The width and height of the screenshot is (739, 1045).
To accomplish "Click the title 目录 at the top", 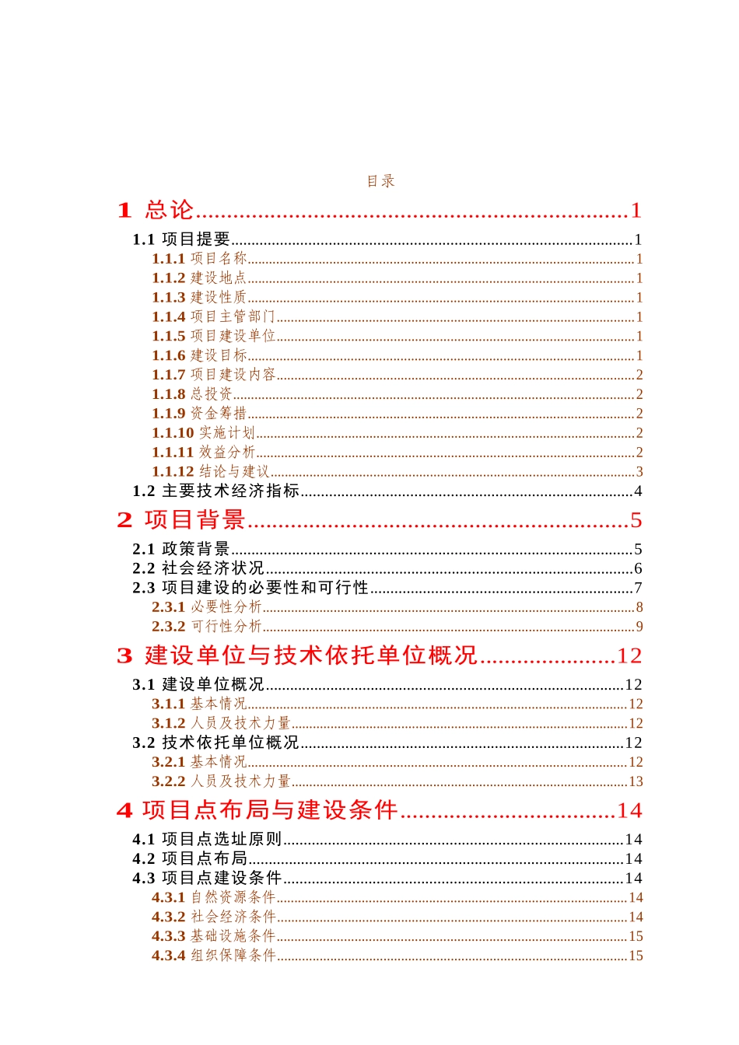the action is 381,181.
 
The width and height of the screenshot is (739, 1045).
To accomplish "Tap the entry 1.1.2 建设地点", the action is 199,278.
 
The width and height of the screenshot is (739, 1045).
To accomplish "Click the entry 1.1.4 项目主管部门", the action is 213,316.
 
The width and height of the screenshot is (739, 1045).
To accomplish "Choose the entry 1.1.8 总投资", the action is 192,394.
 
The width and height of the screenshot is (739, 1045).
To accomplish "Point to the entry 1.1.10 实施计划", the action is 203,432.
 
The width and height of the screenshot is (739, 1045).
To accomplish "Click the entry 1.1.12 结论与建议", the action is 210,471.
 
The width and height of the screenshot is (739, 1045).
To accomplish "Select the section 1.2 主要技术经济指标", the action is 215,491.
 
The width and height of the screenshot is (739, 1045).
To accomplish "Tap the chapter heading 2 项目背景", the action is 181,519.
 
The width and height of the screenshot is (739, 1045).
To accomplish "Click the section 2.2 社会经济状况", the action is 198,568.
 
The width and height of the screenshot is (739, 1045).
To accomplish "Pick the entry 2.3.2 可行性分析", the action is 206,626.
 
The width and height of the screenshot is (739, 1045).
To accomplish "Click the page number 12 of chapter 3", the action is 629,655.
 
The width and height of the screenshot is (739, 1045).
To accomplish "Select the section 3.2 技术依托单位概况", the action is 215,743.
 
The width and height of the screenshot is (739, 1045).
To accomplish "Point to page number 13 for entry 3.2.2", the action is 636,781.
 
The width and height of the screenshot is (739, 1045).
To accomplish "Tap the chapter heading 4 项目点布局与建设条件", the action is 257,810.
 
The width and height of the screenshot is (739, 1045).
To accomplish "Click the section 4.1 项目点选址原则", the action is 207,839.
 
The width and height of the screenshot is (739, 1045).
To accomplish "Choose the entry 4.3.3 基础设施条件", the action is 213,936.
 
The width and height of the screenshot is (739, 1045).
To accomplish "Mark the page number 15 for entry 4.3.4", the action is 636,956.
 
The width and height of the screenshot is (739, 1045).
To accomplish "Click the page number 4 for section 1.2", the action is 638,491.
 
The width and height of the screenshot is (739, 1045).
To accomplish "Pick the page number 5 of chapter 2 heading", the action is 636,519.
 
